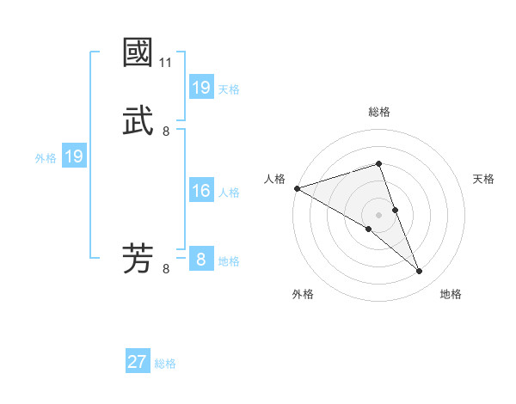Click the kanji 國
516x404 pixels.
138,52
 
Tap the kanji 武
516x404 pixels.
138,121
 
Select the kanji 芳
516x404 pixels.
138,259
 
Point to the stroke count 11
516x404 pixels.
166,63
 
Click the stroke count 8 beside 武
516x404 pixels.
166,132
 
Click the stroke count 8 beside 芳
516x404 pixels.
166,269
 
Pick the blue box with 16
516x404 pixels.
201,192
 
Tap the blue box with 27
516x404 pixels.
138,363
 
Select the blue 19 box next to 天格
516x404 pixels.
201,88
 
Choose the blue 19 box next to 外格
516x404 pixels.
74,157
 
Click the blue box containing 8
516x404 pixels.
201,260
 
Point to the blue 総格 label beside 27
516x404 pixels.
165,364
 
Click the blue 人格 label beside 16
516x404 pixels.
229,193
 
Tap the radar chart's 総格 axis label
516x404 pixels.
379,112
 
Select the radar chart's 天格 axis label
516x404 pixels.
484,179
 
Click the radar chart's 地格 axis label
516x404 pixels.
451,294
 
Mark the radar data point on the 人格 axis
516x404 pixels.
297,188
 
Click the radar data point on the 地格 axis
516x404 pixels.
420,272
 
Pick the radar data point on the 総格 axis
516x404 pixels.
379,163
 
